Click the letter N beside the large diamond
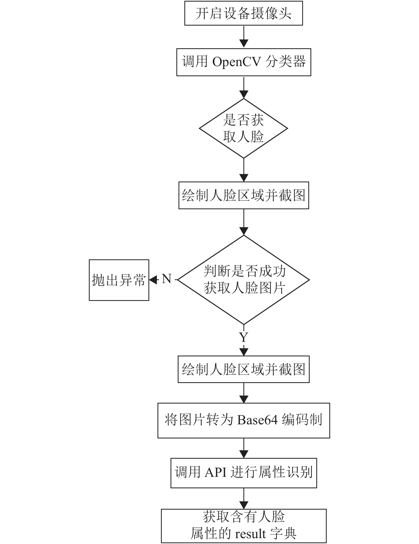point(167,279)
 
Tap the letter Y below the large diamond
point(244,337)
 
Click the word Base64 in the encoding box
point(257,420)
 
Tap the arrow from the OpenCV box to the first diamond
point(244,87)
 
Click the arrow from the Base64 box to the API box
point(244,448)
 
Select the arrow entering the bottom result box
point(244,499)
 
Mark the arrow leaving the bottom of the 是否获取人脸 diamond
point(244,170)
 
